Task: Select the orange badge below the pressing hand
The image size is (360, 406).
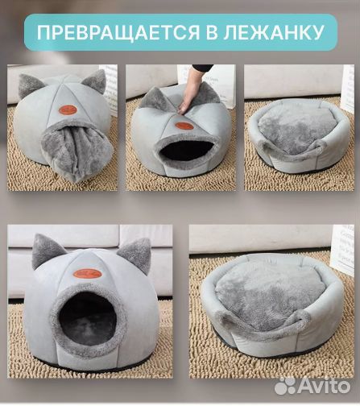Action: click(x=184, y=126)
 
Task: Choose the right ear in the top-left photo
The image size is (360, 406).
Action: click(x=94, y=81)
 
